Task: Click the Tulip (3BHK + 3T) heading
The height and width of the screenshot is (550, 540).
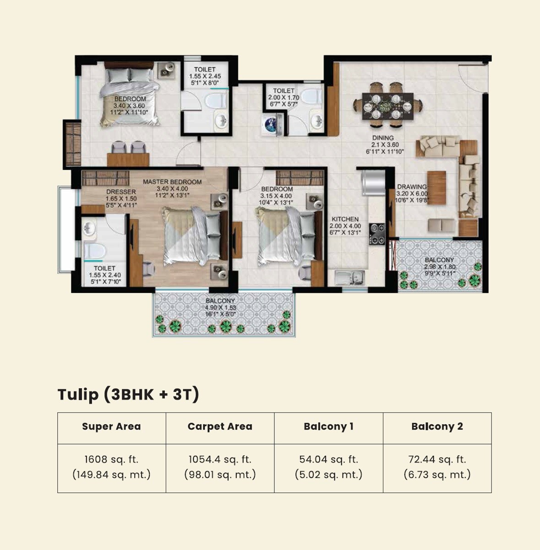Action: coord(128,394)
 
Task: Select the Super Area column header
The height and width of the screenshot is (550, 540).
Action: coord(111,427)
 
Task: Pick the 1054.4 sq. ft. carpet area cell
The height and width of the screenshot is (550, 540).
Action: coord(220,459)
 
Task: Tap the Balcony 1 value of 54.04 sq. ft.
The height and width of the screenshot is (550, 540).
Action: coord(328,459)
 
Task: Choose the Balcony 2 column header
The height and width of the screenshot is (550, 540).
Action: coord(437,427)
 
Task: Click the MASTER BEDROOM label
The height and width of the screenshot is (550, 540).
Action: coord(172,182)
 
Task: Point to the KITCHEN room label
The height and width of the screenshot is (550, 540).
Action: coord(345,219)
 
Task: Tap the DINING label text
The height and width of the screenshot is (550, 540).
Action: coord(383,137)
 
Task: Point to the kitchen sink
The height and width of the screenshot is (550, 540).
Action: coord(349,277)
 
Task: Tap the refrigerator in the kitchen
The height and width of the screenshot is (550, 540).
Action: coord(373,183)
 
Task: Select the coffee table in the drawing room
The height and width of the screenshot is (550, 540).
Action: coord(436,187)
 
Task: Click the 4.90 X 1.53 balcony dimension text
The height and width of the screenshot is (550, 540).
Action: coord(221,308)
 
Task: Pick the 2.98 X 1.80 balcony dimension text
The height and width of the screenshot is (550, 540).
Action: coord(440,267)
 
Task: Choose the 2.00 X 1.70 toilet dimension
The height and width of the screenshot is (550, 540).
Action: coord(284,98)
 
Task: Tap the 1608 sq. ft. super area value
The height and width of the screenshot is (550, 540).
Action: coord(111,459)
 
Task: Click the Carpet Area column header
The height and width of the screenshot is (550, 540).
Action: coord(220,427)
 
